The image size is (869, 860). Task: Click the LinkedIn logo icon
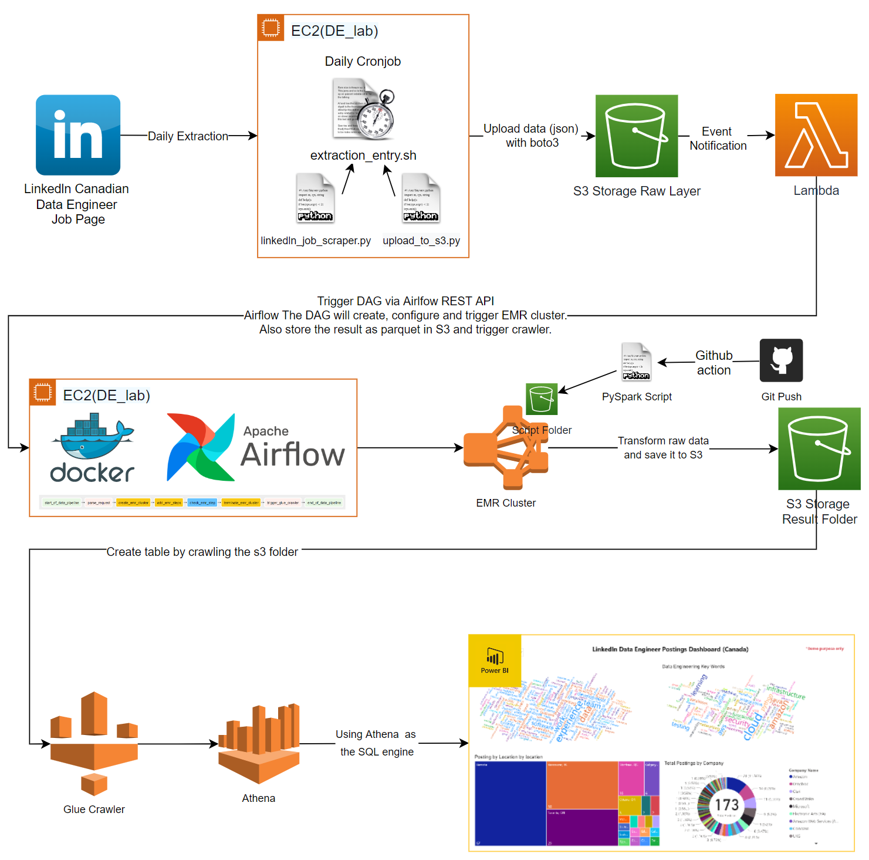[x=78, y=135]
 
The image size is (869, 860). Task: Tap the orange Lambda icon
[x=816, y=135]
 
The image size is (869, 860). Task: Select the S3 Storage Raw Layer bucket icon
[x=637, y=136]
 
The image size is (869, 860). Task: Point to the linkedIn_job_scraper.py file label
[x=316, y=241]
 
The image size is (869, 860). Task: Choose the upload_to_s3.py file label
[x=421, y=241]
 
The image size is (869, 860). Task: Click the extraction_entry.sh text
[x=363, y=156]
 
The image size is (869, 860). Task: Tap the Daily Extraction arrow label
[x=188, y=136]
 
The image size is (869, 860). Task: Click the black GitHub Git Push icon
[x=781, y=360]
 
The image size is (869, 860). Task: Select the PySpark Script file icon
[x=637, y=362]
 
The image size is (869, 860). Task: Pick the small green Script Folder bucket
[x=542, y=399]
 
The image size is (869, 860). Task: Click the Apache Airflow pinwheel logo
[x=200, y=447]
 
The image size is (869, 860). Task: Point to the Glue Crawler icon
[x=94, y=743]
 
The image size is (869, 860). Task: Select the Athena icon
[x=259, y=743]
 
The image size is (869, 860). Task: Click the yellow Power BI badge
[x=495, y=661]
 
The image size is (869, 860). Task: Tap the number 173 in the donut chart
[x=726, y=805]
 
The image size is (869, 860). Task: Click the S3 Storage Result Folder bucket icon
[x=819, y=449]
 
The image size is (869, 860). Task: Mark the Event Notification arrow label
[x=718, y=139]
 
